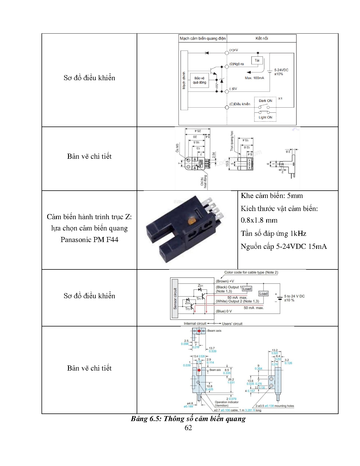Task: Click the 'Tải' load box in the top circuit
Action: (257, 60)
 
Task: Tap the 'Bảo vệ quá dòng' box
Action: (199, 80)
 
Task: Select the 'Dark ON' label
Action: (265, 101)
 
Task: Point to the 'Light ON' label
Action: (265, 117)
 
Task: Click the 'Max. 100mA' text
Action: (254, 78)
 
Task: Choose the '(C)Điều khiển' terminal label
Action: (240, 104)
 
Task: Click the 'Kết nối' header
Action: (262, 38)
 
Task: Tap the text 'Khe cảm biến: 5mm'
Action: (272, 196)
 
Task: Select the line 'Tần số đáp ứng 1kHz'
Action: (273, 234)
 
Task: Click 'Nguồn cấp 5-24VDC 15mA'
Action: (283, 247)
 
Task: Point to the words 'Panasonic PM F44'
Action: (89, 240)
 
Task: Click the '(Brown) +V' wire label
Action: (225, 281)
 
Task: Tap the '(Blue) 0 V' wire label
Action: (224, 311)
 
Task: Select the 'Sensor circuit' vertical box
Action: (175, 299)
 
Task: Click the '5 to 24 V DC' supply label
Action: (294, 296)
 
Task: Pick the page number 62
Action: (188, 428)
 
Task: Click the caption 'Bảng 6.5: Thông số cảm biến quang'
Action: (188, 419)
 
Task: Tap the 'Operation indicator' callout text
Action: (226, 402)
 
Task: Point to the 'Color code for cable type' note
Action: (251, 273)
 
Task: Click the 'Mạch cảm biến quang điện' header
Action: (203, 38)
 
